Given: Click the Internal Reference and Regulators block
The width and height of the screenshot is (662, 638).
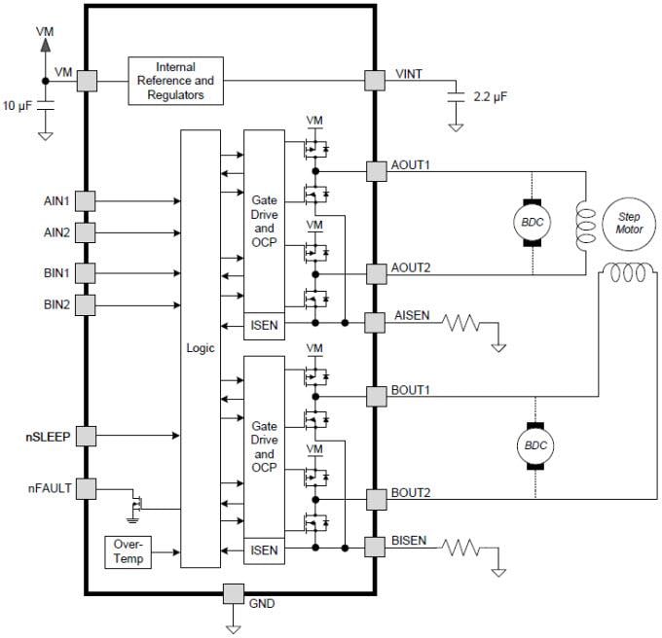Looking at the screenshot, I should (175, 81).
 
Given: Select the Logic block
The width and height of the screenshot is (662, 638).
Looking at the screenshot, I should (201, 348).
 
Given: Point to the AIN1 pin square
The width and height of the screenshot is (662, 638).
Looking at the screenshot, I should (86, 200).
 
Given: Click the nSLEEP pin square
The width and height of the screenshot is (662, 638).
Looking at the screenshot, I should (86, 437).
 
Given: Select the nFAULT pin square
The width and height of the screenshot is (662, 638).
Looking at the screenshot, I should (86, 488).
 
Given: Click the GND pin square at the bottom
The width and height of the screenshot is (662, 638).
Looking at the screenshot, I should (233, 593).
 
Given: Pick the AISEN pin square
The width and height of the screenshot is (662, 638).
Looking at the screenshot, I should (375, 322).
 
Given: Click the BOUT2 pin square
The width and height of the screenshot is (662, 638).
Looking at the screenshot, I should (375, 499).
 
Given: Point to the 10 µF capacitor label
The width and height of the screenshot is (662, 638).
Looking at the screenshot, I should (19, 104).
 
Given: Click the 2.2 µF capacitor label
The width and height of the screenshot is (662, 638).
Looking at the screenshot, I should (489, 97).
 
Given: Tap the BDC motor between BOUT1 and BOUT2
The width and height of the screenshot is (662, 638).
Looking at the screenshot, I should (533, 446).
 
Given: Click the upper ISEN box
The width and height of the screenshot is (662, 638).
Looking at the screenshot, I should (264, 324).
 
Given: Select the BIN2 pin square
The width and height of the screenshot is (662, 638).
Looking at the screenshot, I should (86, 304).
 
